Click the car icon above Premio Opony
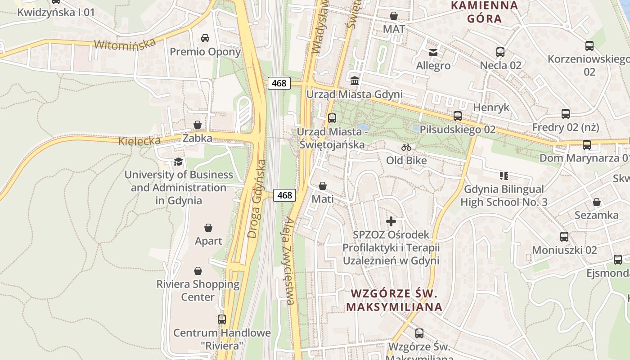coord(205,38)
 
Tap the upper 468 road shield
coord(279,83)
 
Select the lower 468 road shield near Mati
coord(284,195)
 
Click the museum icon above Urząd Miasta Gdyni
coord(355,81)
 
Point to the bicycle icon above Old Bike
coord(406,147)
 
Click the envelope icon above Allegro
coord(433,53)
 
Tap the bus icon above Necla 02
coord(500,52)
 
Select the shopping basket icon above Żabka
coord(198,125)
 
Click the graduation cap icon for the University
coord(179,162)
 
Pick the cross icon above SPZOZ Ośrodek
coord(391,221)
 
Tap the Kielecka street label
coord(139,141)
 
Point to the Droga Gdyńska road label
coord(257,198)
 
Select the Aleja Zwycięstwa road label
coord(290,261)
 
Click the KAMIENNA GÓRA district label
coord(484,12)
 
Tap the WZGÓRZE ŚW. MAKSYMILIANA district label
coord(394,300)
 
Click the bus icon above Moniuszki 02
coord(564,236)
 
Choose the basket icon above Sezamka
coord(597,202)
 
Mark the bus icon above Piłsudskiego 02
coord(458,116)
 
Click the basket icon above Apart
coord(208,228)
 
